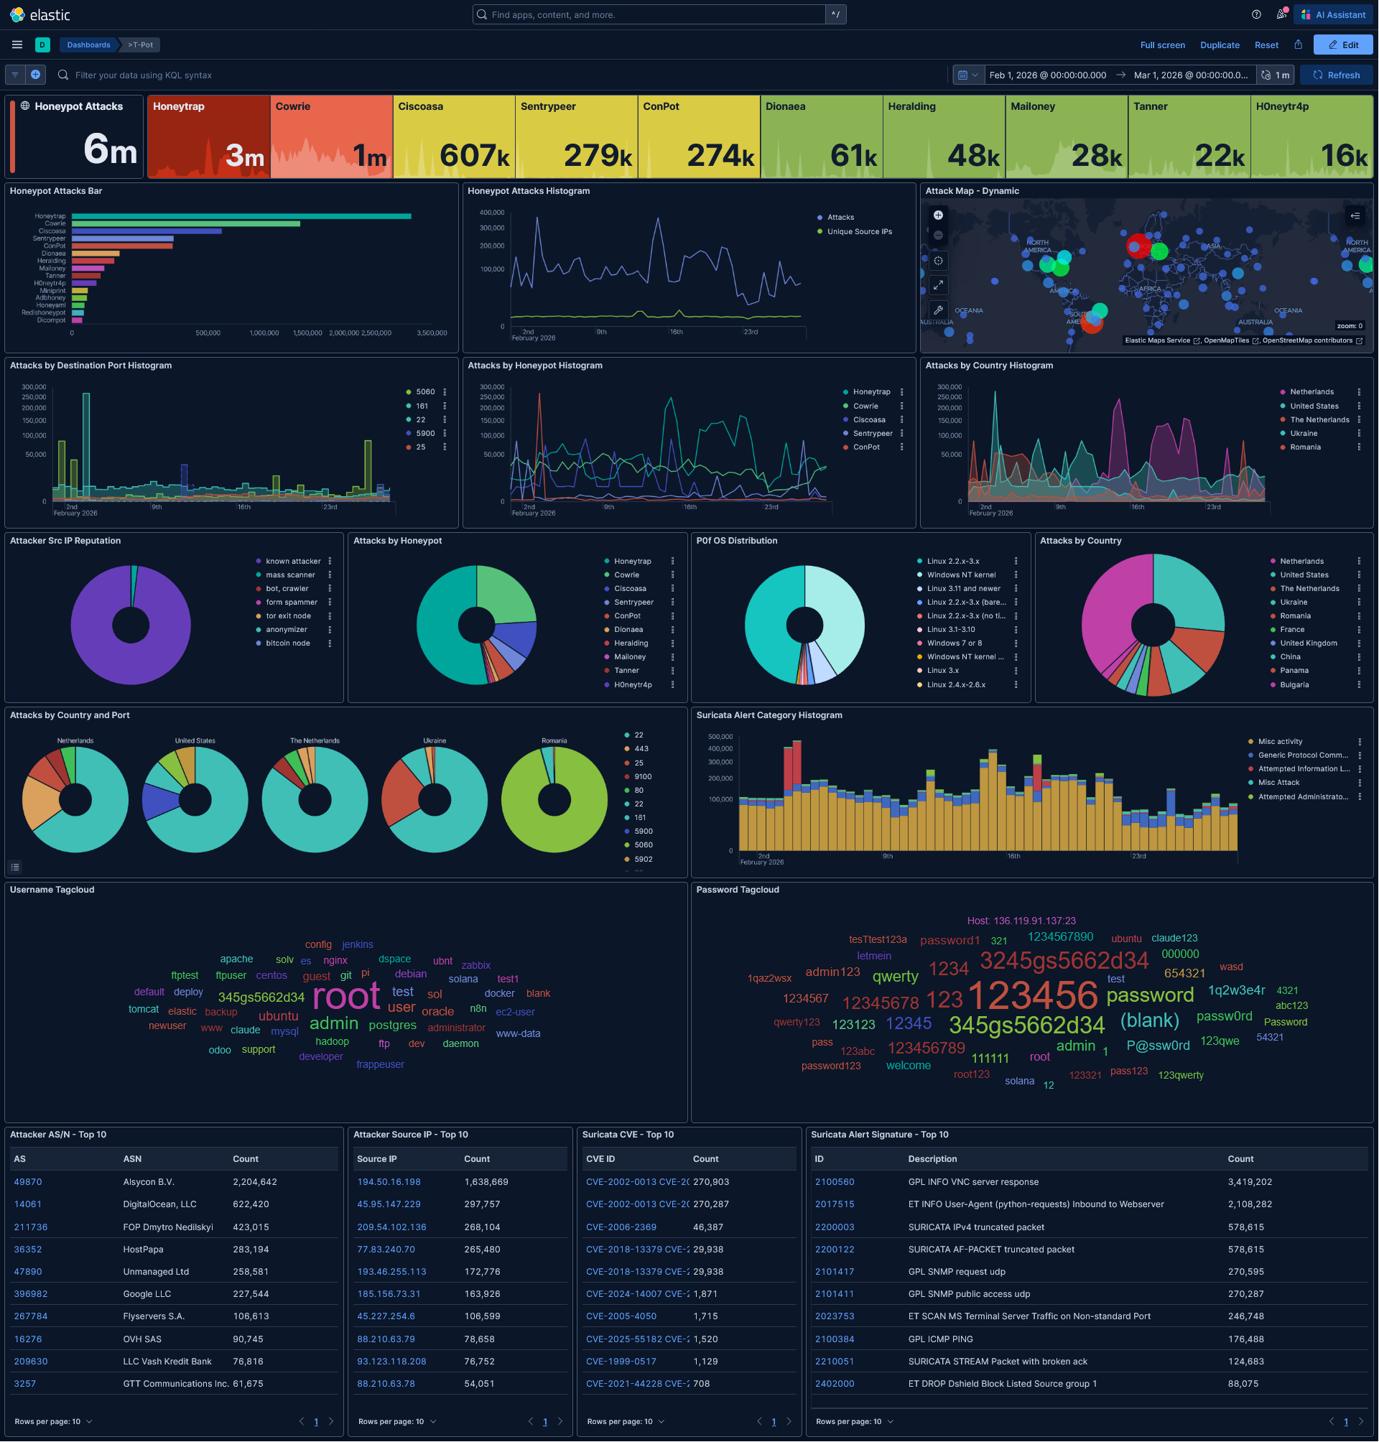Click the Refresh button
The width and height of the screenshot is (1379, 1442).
tap(1337, 75)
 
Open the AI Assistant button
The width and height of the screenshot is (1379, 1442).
tap(1334, 14)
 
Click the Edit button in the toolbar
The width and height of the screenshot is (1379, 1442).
tap(1343, 45)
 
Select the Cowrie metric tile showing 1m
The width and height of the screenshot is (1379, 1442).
tap(331, 136)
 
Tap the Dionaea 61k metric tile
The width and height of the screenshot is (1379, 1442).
tap(821, 136)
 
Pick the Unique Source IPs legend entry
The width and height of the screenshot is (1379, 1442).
tap(859, 231)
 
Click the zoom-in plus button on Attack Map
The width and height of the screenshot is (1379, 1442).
tap(938, 215)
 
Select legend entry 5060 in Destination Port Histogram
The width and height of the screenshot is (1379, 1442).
tap(425, 391)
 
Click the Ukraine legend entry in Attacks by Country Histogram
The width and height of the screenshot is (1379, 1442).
tap(1304, 434)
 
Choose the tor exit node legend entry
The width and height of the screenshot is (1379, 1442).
tap(288, 616)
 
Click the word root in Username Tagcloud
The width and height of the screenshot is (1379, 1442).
tap(346, 997)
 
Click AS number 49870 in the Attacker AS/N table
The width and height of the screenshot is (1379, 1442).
tap(28, 1182)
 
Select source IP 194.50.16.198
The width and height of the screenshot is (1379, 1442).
tap(389, 1182)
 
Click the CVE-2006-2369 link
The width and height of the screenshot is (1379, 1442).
tap(621, 1227)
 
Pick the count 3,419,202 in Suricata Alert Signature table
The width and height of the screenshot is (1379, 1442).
tap(1250, 1182)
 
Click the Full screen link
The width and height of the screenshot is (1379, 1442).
tap(1162, 45)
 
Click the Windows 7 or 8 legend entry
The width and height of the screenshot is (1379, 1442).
tap(954, 643)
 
